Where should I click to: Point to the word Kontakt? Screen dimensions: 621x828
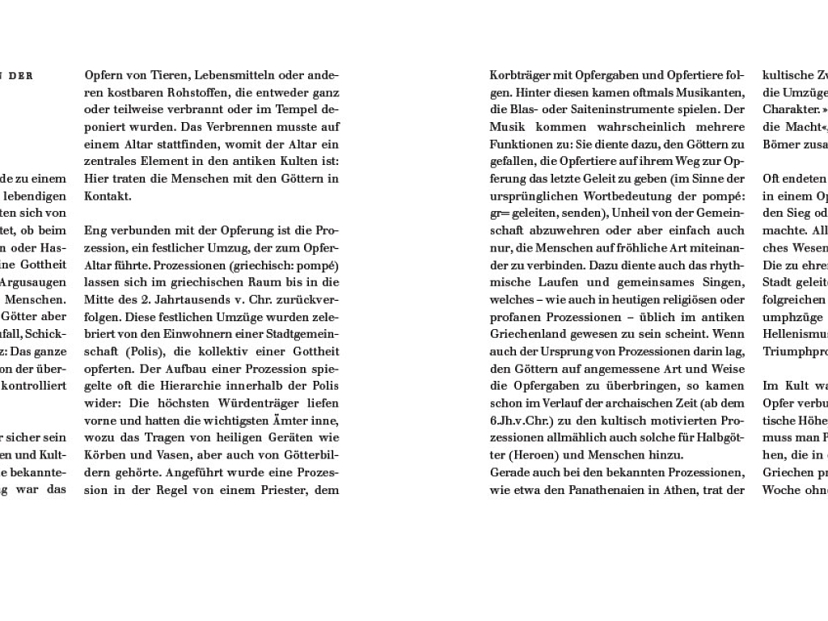point(106,196)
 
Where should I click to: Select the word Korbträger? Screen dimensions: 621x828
point(521,75)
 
